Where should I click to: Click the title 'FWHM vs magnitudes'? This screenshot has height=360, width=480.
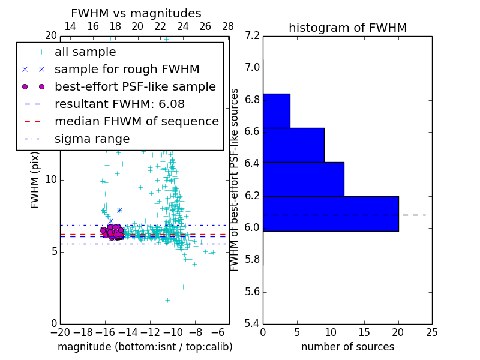click(x=136, y=13)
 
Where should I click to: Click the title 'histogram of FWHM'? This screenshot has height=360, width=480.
click(x=347, y=28)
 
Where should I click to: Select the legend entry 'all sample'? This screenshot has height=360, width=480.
click(x=85, y=52)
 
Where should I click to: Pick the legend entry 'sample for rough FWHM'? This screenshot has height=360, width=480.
click(x=127, y=69)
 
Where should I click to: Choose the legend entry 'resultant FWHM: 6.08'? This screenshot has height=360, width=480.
click(x=119, y=104)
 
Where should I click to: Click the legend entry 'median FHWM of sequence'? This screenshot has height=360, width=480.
click(x=136, y=121)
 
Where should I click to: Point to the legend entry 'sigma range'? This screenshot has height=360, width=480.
click(x=92, y=139)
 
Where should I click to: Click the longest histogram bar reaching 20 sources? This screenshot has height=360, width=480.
click(x=331, y=214)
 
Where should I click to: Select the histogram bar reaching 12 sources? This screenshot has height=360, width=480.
click(x=303, y=179)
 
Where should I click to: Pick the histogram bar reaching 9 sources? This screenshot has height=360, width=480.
click(x=293, y=145)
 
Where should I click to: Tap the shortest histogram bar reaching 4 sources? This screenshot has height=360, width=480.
click(x=276, y=111)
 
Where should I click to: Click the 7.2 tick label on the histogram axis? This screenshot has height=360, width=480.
click(x=253, y=36)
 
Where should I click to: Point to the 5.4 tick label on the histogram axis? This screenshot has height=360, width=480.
click(x=253, y=323)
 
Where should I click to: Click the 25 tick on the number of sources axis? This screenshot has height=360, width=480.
click(x=431, y=332)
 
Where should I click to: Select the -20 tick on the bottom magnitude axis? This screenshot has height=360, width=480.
click(x=59, y=332)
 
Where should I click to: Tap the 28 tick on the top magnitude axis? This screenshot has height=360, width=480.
click(x=228, y=26)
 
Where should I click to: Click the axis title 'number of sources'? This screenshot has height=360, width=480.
click(x=347, y=347)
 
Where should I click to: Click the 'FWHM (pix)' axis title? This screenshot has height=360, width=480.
click(x=35, y=179)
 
